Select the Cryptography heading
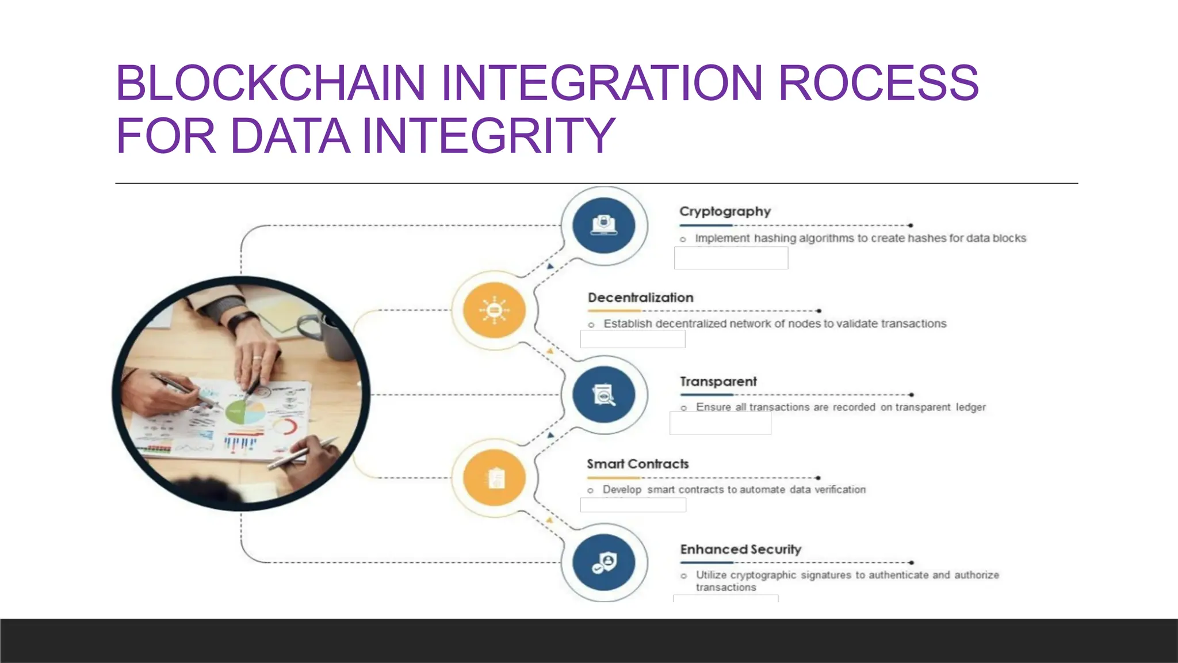tap(725, 211)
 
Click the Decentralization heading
tap(640, 298)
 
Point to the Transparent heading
tap(718, 382)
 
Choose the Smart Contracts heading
tap(637, 464)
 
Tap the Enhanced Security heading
tap(740, 549)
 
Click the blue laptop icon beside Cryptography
tap(604, 225)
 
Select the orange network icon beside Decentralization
tap(494, 310)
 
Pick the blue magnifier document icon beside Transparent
tap(604, 395)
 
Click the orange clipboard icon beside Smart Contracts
tap(495, 478)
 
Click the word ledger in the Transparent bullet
tap(970, 407)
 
